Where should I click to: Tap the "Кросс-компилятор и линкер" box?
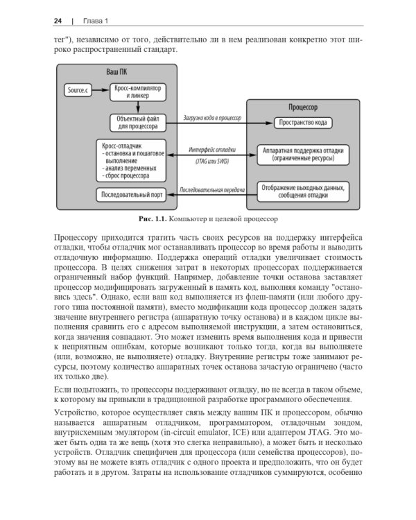click(138, 91)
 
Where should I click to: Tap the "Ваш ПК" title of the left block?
click(116, 72)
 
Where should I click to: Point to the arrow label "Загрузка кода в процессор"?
click(211, 118)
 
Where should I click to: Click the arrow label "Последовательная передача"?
click(211, 189)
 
